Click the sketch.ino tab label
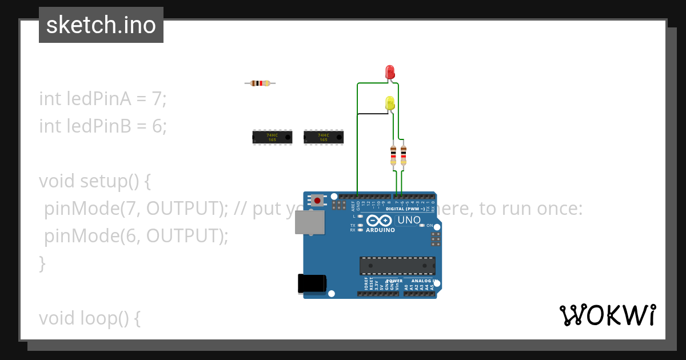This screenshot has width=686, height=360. (x=101, y=25)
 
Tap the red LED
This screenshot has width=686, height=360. (x=390, y=71)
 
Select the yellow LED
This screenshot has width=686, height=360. (x=390, y=103)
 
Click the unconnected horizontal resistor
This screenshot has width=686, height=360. (x=260, y=83)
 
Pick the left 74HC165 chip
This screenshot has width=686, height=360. (x=272, y=137)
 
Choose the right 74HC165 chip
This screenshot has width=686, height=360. (x=324, y=137)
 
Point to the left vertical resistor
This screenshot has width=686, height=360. (x=393, y=155)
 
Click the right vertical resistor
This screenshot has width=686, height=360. (x=404, y=155)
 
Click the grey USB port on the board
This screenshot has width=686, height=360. (x=309, y=222)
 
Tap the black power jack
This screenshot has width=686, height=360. (x=312, y=284)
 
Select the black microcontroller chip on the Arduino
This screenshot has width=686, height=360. (x=397, y=266)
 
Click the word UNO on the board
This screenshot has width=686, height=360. (x=409, y=220)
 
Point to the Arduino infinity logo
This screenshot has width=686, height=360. (x=379, y=221)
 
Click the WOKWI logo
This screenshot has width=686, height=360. (x=608, y=315)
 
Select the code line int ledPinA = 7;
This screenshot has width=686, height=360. (x=103, y=99)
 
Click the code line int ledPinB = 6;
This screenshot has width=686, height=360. (x=103, y=126)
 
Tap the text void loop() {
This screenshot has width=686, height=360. (x=90, y=318)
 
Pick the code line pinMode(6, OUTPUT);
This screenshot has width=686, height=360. (x=136, y=235)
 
